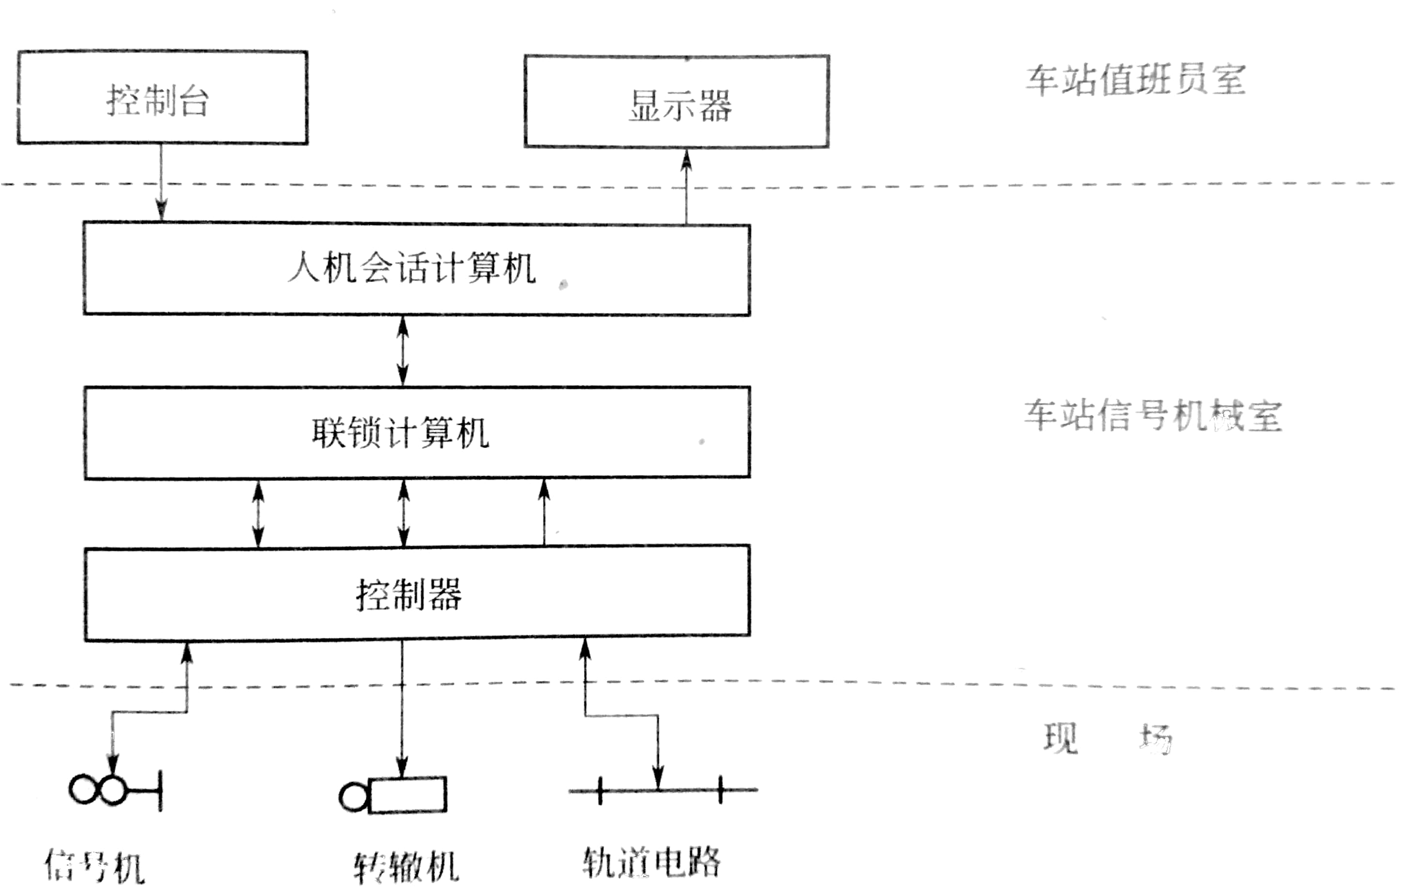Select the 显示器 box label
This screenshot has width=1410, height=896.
(680, 106)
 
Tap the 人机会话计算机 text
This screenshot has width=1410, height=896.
(412, 269)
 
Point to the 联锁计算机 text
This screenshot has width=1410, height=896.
(400, 433)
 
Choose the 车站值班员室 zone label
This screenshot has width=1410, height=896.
(1135, 80)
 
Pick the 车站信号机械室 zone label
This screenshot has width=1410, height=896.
(1152, 416)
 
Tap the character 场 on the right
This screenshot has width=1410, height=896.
(1155, 739)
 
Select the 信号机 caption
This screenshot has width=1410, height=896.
(95, 866)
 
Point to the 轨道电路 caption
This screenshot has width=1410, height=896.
(651, 862)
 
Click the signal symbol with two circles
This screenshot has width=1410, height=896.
(98, 790)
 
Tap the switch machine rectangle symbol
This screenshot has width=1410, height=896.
(408, 795)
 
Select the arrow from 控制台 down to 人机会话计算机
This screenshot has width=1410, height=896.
(161, 182)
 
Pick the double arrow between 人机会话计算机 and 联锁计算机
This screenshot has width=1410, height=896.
(403, 351)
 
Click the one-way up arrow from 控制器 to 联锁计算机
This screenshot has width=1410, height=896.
(544, 512)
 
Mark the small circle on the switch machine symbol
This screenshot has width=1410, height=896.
(353, 796)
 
